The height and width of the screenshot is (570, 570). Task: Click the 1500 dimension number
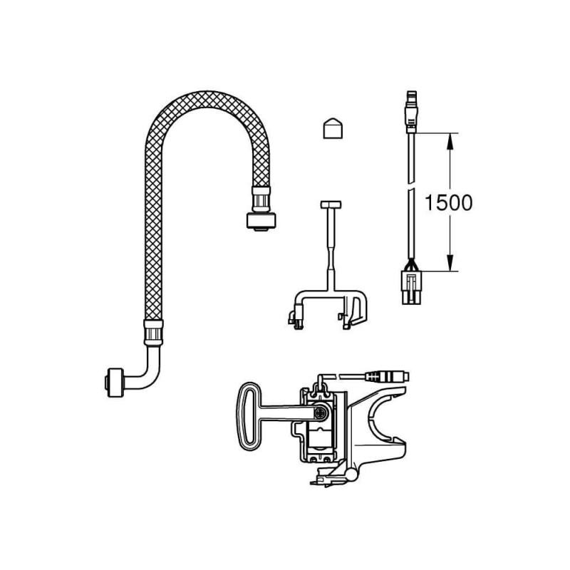(x=449, y=202)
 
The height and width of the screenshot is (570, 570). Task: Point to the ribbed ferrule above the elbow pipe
(x=152, y=332)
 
